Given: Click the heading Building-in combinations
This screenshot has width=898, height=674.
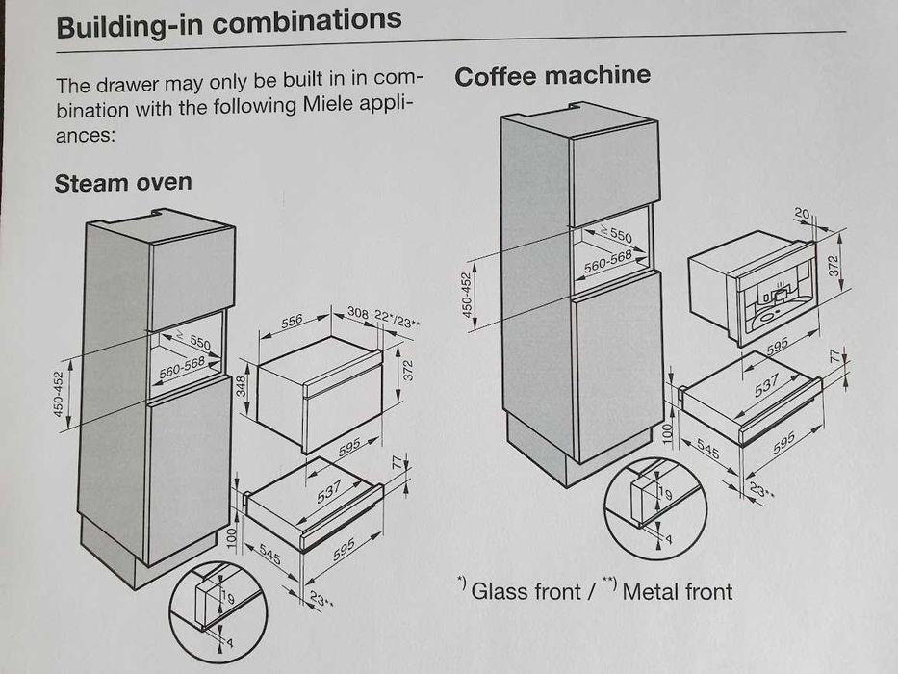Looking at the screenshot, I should [x=228, y=23].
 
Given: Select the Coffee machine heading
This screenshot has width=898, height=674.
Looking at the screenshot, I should [x=552, y=76].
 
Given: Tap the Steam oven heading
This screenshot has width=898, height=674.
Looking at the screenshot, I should [x=123, y=182].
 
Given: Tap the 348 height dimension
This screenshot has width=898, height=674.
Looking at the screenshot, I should [x=243, y=386].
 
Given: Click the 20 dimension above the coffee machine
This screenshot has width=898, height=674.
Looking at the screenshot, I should [x=801, y=213].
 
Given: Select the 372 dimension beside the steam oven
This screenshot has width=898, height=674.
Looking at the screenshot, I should [x=407, y=368].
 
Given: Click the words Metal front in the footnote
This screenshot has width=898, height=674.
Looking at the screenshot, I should [x=677, y=591].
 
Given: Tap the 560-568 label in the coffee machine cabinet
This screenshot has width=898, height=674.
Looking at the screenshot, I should [x=607, y=260].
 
